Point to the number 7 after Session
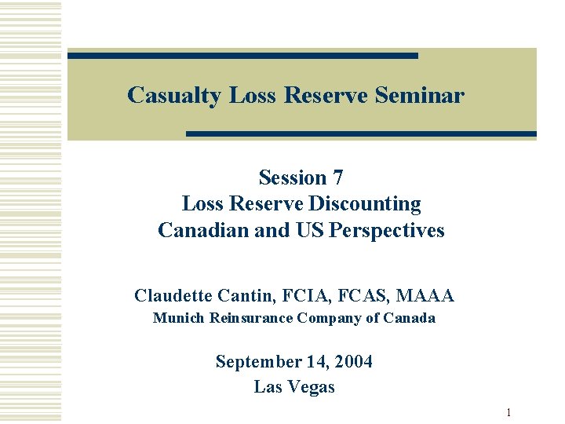[337, 177]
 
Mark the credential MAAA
[425, 295]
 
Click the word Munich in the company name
[177, 318]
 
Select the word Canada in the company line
[410, 318]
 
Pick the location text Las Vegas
[294, 387]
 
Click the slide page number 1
[508, 413]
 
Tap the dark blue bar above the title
[242, 56]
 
